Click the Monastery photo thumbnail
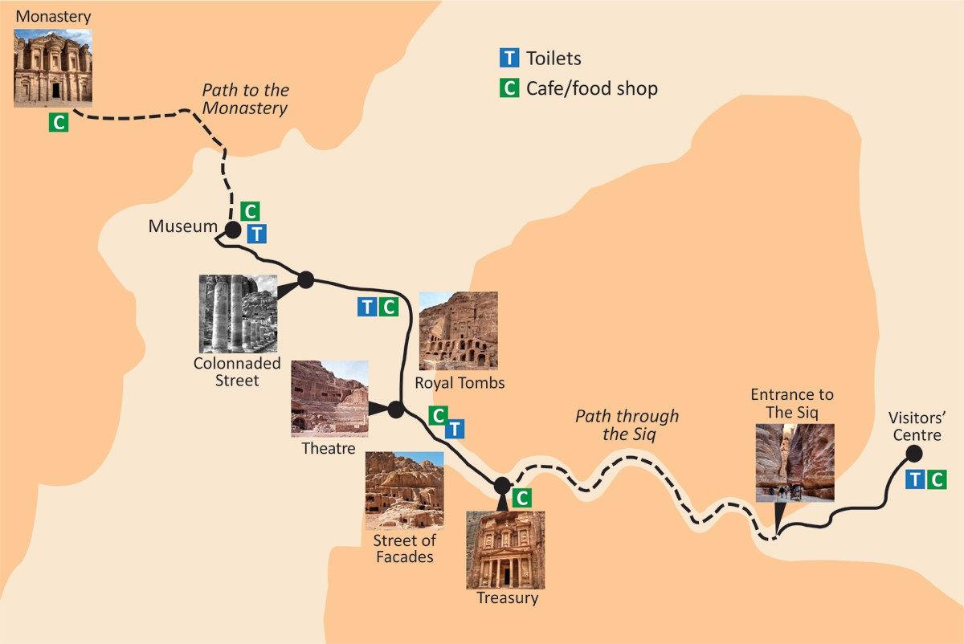(53, 67)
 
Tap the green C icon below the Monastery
(58, 123)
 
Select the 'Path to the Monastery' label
(245, 100)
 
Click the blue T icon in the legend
(509, 58)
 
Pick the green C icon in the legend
(509, 88)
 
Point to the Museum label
(182, 227)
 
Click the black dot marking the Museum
(232, 230)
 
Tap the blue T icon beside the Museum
(256, 234)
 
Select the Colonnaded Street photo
(238, 313)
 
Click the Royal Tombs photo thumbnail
(458, 331)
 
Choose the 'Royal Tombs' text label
(460, 383)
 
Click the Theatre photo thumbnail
(329, 398)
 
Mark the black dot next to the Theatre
(396, 410)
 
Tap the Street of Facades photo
(404, 490)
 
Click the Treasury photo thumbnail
(505, 549)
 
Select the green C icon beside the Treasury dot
(521, 498)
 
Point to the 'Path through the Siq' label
(627, 426)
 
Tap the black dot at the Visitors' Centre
(913, 454)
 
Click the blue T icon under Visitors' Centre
(915, 480)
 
